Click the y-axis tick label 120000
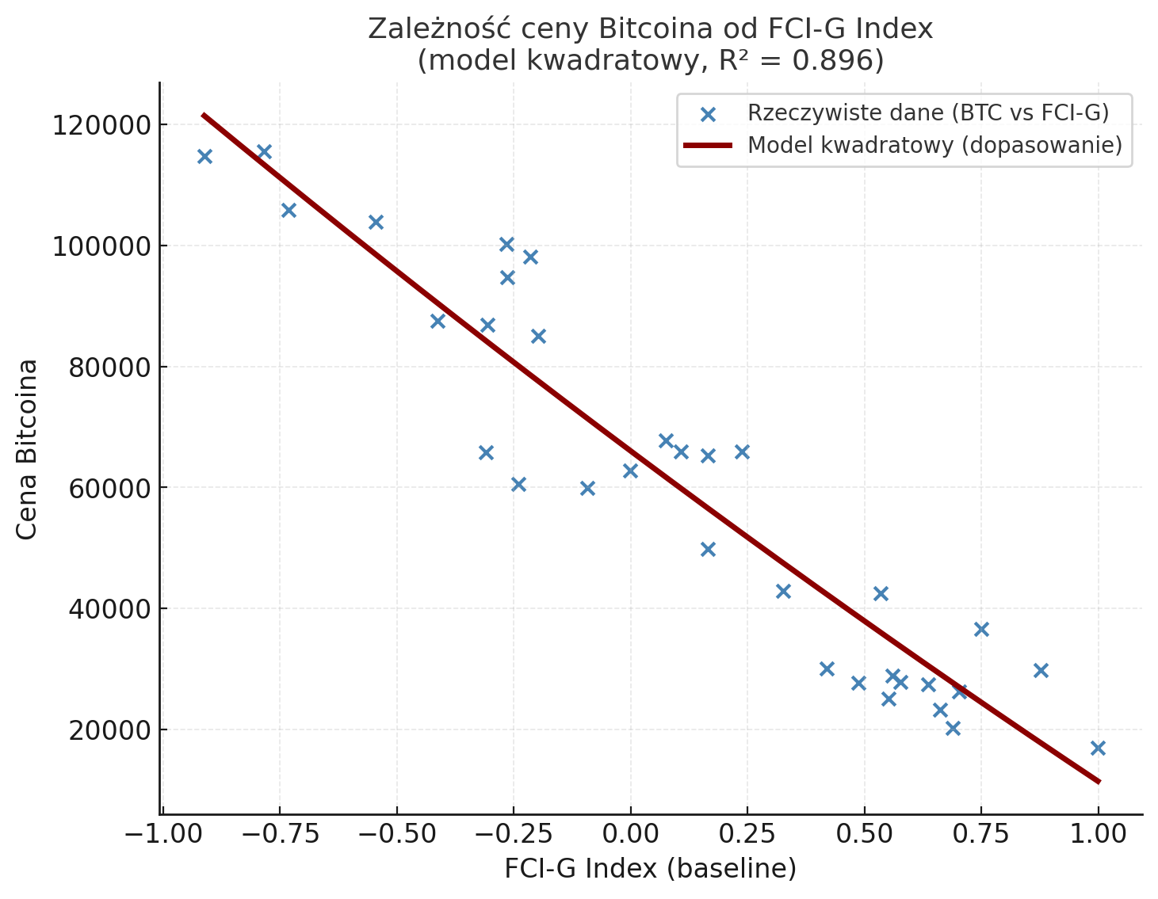coord(101,126)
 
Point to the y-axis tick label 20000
coord(109,730)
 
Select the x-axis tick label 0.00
coord(630,834)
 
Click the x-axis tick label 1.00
coord(1098,834)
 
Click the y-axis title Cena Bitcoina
coord(27,449)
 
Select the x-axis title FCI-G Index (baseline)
coord(650,869)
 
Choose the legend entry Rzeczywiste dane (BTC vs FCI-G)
coord(927,113)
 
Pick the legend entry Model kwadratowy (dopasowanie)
coord(934,146)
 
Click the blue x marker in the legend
coord(708,114)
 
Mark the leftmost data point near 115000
coord(204,156)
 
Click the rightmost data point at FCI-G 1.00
coord(1098,748)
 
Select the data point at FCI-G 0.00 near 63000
coord(630,470)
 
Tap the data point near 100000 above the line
coord(506,244)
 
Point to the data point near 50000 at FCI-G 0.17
coord(708,549)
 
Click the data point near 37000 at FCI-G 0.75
coord(981,629)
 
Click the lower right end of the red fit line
coord(1098,781)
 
